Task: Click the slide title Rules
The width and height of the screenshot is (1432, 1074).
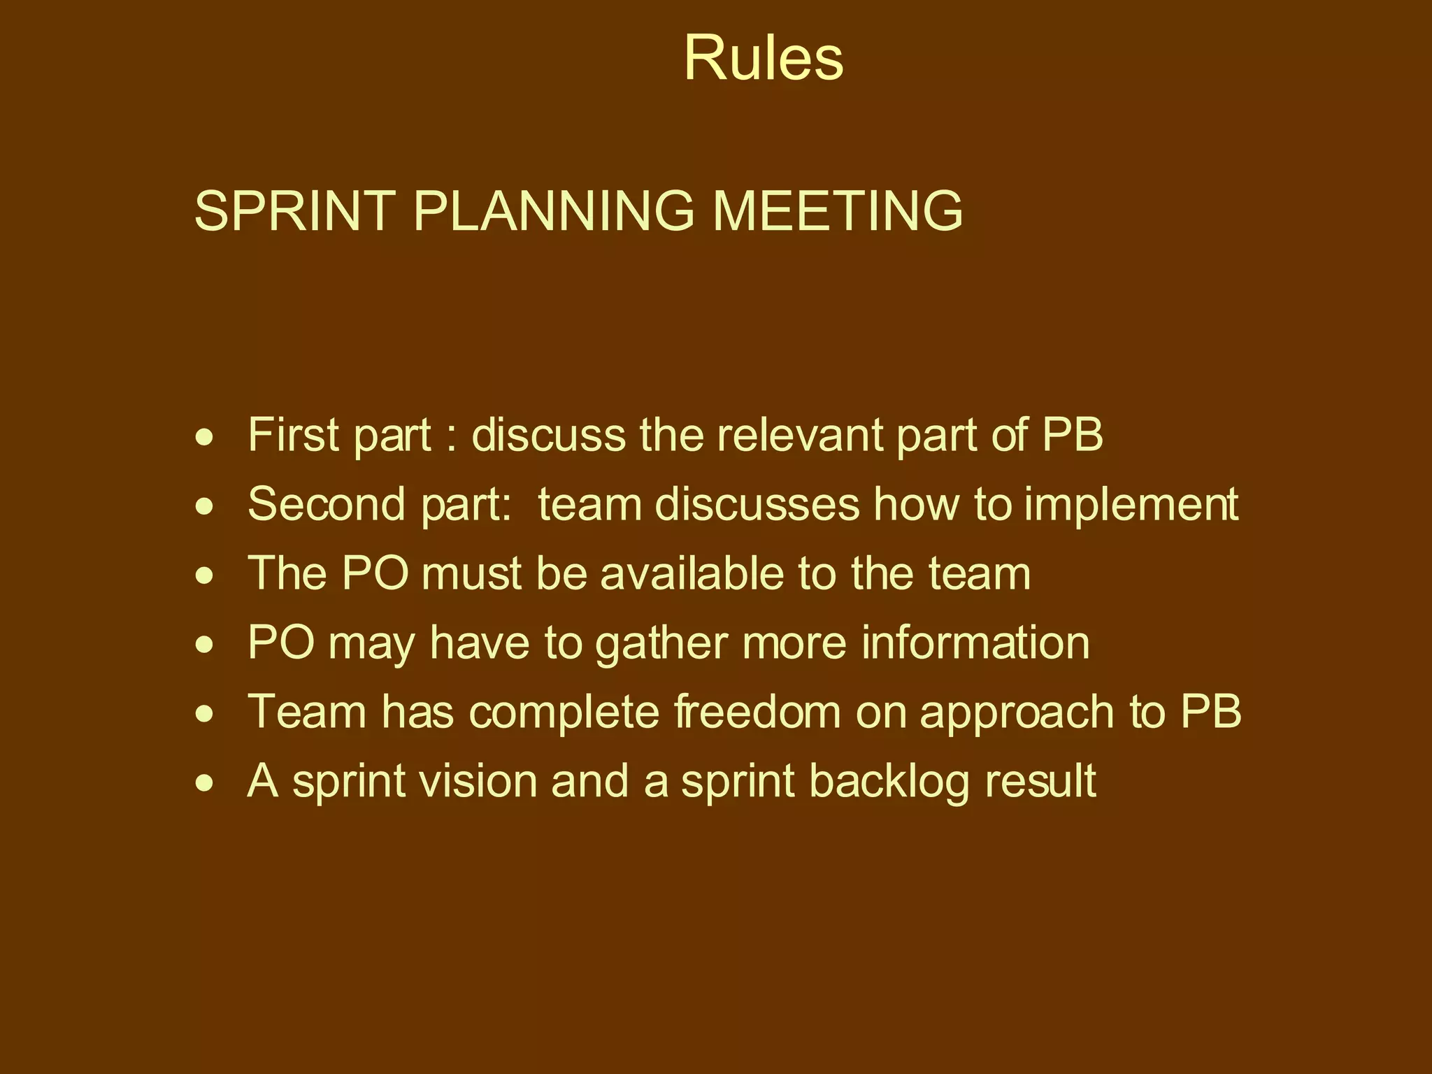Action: click(x=763, y=59)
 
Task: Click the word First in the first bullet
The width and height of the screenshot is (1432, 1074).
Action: click(x=294, y=434)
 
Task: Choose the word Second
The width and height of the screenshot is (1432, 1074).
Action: click(x=326, y=503)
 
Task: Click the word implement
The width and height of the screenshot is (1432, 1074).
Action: click(x=1131, y=505)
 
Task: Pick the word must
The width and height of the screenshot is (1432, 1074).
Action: click(x=471, y=574)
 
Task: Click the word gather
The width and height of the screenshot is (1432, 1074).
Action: click(x=661, y=643)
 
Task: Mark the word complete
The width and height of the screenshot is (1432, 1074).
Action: click(x=564, y=713)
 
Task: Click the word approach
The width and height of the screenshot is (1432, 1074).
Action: click(x=1017, y=713)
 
